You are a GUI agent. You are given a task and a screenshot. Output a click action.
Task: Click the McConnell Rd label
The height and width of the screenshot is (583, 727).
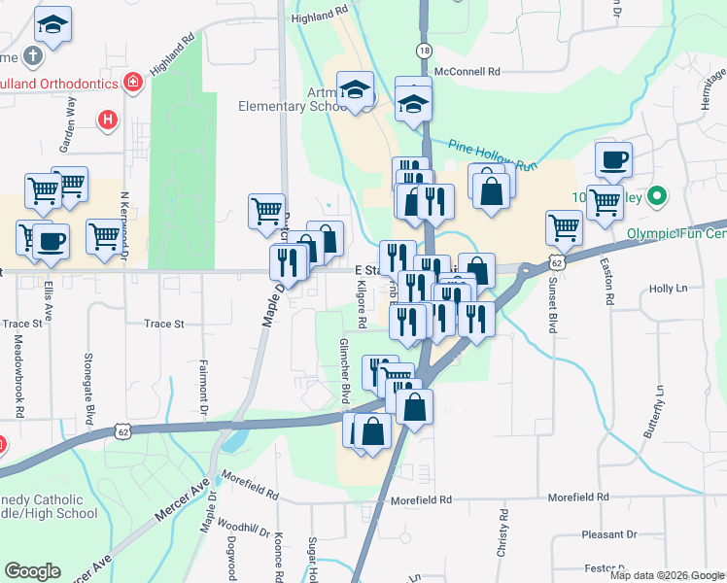[x=467, y=72]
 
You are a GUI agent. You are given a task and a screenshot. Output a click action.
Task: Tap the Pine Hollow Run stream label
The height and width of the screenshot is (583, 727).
[x=493, y=155]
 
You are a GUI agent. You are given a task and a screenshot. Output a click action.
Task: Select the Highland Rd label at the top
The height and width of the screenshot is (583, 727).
[x=320, y=13]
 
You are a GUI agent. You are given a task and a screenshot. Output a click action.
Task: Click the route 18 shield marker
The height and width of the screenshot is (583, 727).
[x=424, y=51]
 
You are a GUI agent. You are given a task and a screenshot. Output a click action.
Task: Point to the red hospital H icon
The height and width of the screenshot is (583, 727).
[x=108, y=120]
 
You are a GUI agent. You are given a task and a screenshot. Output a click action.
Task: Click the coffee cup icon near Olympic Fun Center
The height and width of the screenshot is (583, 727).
[x=612, y=159]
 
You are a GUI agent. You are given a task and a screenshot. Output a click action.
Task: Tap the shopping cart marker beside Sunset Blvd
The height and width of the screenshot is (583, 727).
[x=564, y=227]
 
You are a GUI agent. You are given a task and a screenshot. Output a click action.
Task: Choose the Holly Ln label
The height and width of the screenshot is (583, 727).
[x=668, y=289]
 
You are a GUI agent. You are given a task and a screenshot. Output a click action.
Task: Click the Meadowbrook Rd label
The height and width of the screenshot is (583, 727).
[x=18, y=377]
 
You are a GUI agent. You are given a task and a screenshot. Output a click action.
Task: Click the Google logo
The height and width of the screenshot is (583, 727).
[x=33, y=571]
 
